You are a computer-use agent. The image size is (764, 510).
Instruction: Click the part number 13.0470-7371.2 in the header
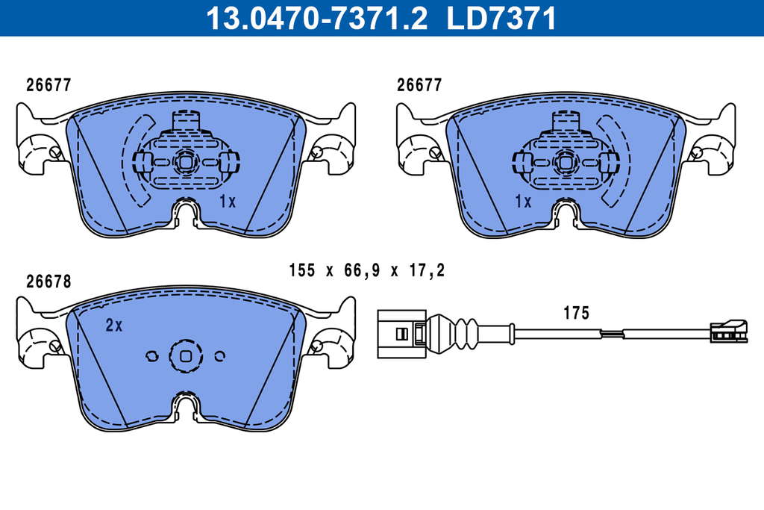pyautogui.click(x=316, y=18)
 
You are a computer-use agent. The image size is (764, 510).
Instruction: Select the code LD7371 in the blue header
pyautogui.click(x=501, y=18)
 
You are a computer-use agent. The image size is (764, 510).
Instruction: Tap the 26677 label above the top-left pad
pyautogui.click(x=48, y=85)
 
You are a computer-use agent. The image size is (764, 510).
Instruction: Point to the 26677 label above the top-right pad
pyautogui.click(x=419, y=85)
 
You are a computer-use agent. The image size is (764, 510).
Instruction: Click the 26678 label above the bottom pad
pyautogui.click(x=48, y=282)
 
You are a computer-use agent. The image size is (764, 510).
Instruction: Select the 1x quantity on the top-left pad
pyautogui.click(x=227, y=201)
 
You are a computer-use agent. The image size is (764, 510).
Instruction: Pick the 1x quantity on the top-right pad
pyautogui.click(x=523, y=201)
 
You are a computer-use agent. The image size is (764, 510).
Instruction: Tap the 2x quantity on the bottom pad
pyautogui.click(x=114, y=326)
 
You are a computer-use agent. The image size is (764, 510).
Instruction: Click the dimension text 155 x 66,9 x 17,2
pyautogui.click(x=367, y=270)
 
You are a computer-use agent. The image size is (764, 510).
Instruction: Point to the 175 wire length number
pyautogui.click(x=577, y=313)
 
